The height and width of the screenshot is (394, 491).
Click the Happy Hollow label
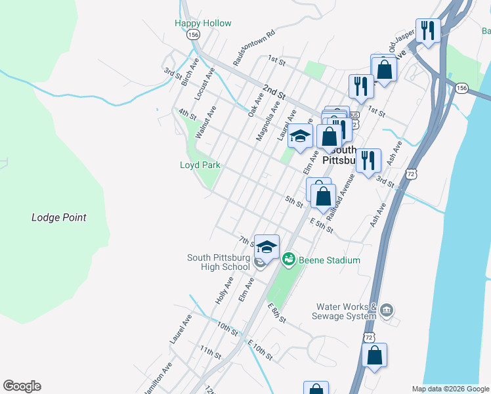coord(203,23)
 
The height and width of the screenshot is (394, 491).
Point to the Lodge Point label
coord(59,217)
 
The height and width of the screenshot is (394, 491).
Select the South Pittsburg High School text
coord(218,262)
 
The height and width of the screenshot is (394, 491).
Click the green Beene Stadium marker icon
coord(288,260)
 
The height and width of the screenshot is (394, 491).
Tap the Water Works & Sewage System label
coord(346,311)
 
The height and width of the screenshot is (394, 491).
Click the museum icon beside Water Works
coord(387,309)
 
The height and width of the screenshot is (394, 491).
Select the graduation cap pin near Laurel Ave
coord(300,136)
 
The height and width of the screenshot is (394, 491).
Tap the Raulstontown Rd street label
coord(253,48)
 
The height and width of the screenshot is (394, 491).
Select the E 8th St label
coord(277,313)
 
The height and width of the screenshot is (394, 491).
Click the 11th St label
coord(211,353)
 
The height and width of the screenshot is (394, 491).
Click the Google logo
coord(22,386)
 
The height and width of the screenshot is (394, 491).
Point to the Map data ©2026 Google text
coord(450,389)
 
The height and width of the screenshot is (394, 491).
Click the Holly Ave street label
coord(224,290)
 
